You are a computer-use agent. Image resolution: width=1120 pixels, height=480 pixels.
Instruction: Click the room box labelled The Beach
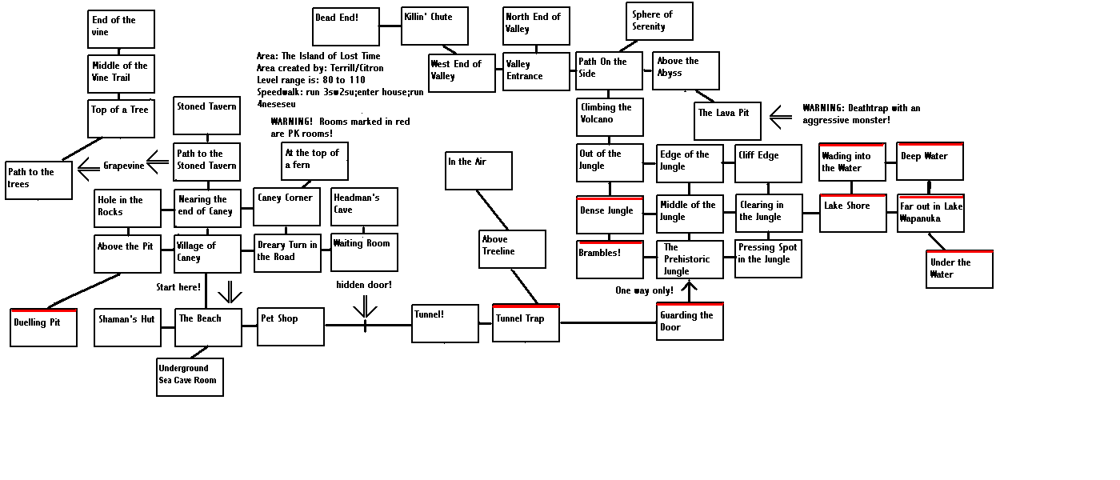208,327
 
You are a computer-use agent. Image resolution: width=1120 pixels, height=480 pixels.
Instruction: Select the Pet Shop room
290,326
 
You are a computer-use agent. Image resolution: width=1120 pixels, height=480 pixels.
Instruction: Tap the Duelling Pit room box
43,328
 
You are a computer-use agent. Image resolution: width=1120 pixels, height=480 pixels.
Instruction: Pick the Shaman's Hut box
127,327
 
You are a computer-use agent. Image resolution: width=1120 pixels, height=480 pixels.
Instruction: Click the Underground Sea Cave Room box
190,377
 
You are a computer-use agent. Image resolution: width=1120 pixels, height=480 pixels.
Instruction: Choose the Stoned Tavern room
206,115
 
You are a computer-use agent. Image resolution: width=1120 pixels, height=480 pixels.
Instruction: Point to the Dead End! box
346,26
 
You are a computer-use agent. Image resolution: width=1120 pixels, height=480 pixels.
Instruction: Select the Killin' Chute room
434,26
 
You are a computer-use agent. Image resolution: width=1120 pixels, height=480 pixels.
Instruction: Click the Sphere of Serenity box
659,22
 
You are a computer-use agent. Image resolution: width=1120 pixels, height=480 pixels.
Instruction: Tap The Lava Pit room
726,121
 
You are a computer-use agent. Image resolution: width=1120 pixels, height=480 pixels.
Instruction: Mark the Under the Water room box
960,269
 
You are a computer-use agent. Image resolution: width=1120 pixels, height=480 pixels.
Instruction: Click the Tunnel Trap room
526,322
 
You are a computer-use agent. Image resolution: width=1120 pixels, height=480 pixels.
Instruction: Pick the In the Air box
478,170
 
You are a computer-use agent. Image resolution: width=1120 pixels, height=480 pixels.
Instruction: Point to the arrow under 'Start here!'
230,291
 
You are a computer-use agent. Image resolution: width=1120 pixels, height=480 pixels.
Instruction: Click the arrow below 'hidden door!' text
365,306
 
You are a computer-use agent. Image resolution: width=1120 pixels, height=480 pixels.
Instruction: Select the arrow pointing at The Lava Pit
781,118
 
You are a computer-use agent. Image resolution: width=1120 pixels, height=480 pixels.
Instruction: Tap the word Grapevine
123,166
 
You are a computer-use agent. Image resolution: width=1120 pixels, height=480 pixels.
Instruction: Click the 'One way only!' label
644,290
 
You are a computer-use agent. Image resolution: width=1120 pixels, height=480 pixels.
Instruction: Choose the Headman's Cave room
364,206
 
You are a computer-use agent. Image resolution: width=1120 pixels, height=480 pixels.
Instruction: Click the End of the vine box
121,30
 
